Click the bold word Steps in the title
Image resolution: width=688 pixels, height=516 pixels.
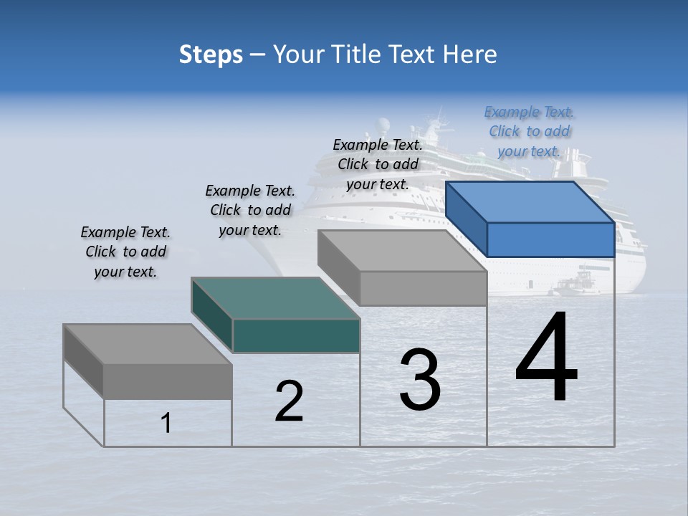click(x=211, y=54)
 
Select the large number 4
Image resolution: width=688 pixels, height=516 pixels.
click(x=546, y=358)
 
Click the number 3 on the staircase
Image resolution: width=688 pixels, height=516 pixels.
click(x=420, y=380)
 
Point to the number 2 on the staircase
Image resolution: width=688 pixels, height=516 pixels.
click(x=289, y=401)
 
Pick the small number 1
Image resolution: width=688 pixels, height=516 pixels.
click(x=166, y=423)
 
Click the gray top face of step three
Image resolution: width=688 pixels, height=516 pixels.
click(x=401, y=251)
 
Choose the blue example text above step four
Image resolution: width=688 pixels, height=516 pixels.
click(x=529, y=132)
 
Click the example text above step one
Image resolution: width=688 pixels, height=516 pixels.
click(x=125, y=252)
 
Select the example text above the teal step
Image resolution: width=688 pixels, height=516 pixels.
click(x=250, y=211)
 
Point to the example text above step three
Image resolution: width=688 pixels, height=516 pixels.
click(x=378, y=165)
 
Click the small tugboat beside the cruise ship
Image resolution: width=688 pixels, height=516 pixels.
click(x=578, y=285)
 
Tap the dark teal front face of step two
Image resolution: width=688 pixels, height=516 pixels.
click(x=296, y=336)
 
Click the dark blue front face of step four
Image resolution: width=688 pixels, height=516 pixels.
click(x=550, y=239)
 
